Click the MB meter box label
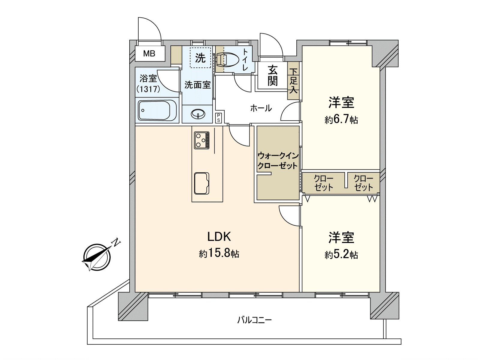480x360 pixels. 149,54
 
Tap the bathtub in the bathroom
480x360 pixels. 157,110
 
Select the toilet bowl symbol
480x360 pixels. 227,59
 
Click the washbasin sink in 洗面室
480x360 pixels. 198,114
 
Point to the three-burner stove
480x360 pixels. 202,140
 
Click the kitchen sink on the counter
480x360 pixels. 202,183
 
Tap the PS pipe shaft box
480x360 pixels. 218,118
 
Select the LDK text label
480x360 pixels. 219,237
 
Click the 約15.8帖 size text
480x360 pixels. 219,254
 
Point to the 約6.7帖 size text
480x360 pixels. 341,120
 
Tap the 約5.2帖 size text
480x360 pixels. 341,255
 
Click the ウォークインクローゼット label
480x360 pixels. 278,161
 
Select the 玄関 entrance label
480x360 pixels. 272,76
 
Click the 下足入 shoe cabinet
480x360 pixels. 293,81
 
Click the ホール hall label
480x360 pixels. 261,108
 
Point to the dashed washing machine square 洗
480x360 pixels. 200,58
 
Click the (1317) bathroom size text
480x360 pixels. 148,89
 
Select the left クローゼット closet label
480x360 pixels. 323,183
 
